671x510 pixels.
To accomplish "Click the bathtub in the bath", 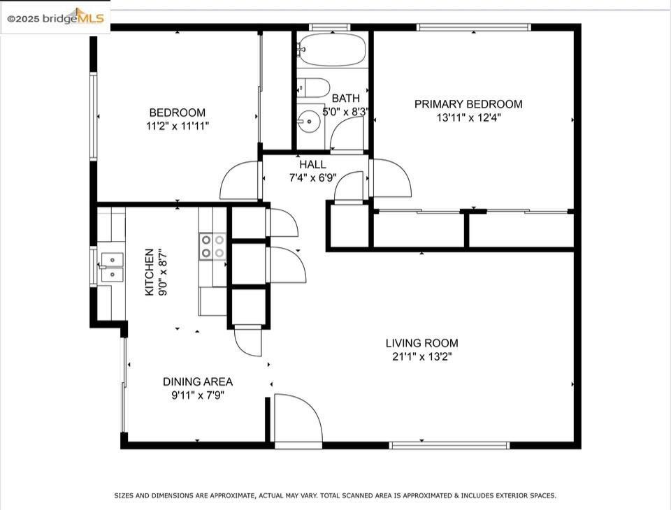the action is click(x=332, y=50).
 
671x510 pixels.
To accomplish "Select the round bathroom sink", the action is click(x=309, y=121).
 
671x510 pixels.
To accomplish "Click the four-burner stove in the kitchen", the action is click(x=212, y=247).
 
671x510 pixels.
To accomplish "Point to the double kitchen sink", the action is click(x=112, y=267).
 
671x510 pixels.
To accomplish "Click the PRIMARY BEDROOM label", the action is click(x=468, y=104).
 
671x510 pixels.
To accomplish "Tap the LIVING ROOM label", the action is click(x=422, y=343).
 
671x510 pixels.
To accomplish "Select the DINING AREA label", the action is click(x=198, y=381).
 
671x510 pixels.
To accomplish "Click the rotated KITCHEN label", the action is click(x=150, y=272).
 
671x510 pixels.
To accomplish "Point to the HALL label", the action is click(x=312, y=164).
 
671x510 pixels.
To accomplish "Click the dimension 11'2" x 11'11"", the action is click(x=177, y=126).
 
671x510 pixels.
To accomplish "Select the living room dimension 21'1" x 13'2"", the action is click(x=422, y=356).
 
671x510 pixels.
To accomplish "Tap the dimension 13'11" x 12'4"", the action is click(x=468, y=117).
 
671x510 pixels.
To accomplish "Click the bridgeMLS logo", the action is click(x=55, y=17).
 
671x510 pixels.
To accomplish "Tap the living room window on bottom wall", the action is click(x=449, y=446).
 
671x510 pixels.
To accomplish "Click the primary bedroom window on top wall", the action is click(x=474, y=27).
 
